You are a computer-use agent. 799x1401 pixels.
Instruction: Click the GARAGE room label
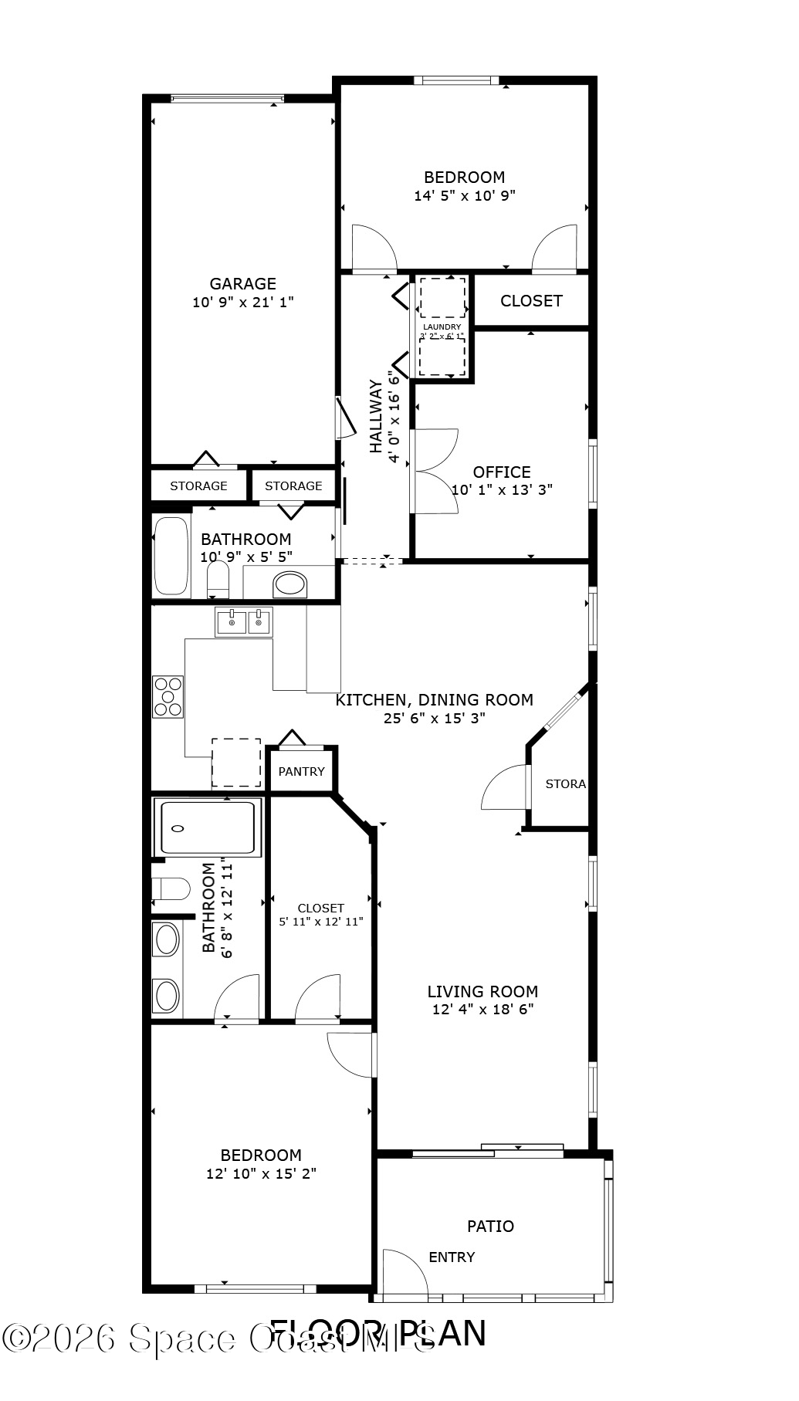(x=242, y=284)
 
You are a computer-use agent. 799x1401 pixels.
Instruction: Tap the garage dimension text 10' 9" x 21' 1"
(x=242, y=303)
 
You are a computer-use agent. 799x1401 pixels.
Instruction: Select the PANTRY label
(x=301, y=771)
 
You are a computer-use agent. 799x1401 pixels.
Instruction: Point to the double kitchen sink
(x=243, y=621)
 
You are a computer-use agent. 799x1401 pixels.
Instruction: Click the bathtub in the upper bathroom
(x=171, y=557)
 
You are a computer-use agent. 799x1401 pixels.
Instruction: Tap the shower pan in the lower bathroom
(x=208, y=828)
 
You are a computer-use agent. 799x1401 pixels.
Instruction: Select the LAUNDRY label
(x=442, y=327)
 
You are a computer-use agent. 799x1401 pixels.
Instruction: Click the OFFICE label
(x=502, y=472)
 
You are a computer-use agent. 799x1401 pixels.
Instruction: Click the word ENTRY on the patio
(x=452, y=1257)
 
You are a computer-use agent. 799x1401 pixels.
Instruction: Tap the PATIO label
(x=490, y=1226)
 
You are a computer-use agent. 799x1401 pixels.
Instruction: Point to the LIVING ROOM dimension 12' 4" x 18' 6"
(x=482, y=1009)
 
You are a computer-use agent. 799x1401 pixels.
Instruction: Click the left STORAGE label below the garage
(x=198, y=486)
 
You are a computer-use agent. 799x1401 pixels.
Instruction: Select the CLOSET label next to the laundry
(x=531, y=300)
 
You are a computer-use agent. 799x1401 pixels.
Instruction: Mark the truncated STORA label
(x=565, y=783)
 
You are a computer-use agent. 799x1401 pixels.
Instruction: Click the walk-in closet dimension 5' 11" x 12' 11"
(x=320, y=921)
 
